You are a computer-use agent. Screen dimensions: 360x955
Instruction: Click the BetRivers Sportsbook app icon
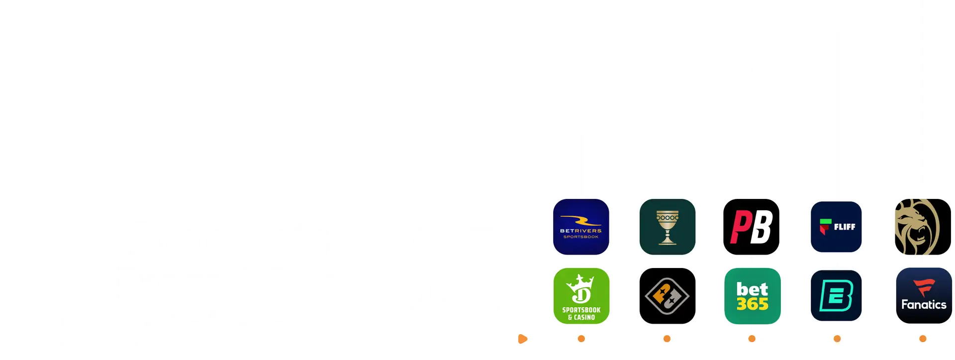581,227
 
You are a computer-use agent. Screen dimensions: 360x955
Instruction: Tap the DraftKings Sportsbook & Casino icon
581,296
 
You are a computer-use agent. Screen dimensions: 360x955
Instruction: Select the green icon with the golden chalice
667,227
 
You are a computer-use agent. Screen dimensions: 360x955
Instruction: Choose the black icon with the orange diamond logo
667,296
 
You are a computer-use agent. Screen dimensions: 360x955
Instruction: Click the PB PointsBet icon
751,227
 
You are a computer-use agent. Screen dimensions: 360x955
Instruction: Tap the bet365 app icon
752,296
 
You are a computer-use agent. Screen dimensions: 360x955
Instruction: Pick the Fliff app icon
836,227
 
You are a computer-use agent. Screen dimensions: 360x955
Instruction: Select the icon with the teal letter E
836,296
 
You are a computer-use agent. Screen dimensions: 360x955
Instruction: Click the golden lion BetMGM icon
923,227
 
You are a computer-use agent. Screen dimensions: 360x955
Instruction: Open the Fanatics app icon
923,296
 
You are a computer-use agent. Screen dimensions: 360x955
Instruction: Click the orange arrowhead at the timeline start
522,339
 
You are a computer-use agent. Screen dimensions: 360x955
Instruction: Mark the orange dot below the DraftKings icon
581,339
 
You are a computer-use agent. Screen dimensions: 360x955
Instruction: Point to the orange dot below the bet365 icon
752,339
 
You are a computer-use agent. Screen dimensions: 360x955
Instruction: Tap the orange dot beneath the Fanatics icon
923,339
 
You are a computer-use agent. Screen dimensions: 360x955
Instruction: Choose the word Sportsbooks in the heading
201,330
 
